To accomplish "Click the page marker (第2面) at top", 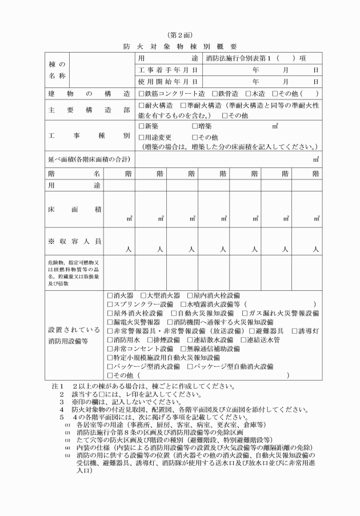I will pyautogui.click(x=179, y=35).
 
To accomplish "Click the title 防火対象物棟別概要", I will pyautogui.click(x=179, y=46).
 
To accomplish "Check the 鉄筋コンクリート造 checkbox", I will pyautogui.click(x=142, y=93).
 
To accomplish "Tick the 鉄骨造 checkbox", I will pyautogui.click(x=214, y=93).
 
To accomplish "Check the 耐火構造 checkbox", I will pyautogui.click(x=142, y=106).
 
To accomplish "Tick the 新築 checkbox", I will pyautogui.click(x=142, y=126).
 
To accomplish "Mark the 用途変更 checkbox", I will pyautogui.click(x=142, y=137).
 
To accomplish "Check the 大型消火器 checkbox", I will pyautogui.click(x=143, y=295).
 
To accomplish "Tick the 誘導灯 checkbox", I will pyautogui.click(x=294, y=331).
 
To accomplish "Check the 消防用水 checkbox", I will pyautogui.click(x=110, y=340).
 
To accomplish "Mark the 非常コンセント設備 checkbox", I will pyautogui.click(x=110, y=349).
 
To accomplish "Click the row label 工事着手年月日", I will pyautogui.click(x=169, y=70).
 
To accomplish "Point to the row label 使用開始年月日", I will pyautogui.click(x=169, y=81).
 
